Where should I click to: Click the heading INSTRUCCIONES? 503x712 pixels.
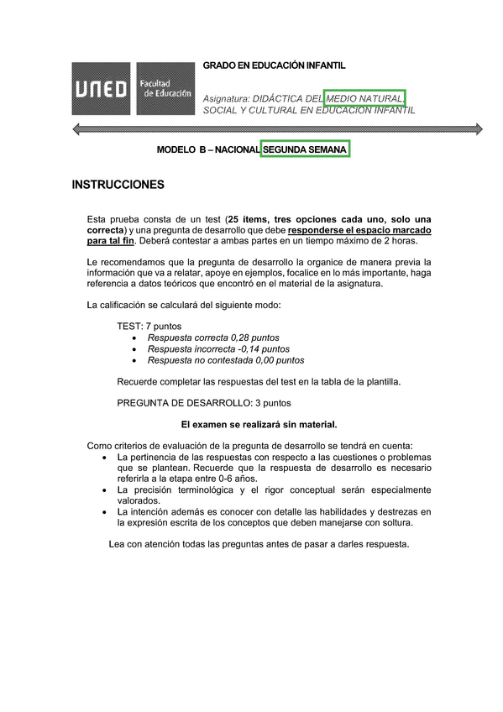pos(118,185)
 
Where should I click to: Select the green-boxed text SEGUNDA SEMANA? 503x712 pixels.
pos(304,149)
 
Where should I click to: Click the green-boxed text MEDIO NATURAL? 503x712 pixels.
pos(364,97)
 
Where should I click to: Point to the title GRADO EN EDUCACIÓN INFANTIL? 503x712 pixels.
pos(274,65)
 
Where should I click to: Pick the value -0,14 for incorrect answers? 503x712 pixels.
pos(254,348)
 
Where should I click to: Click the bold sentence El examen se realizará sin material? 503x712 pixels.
pos(259,424)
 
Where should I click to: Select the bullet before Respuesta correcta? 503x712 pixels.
pos(136,338)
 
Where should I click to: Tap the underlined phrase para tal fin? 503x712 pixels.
pos(110,241)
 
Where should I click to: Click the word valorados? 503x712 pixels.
pos(139,500)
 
